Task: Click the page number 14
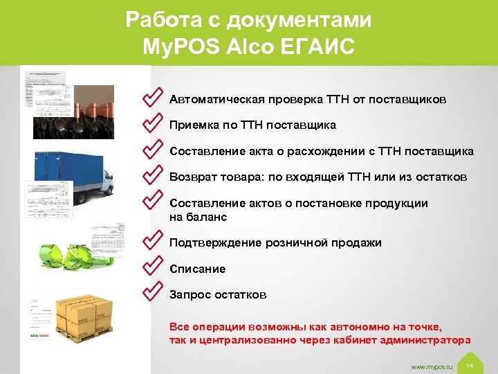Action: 470,365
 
